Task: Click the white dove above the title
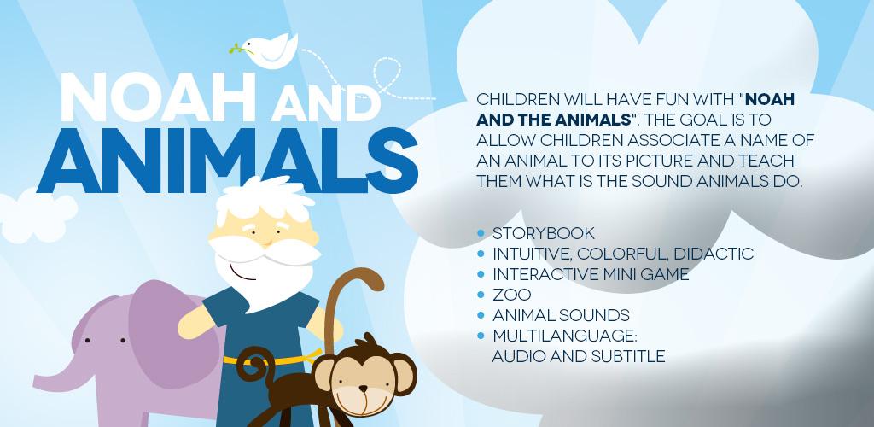271,51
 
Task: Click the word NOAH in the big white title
158,97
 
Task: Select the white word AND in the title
326,105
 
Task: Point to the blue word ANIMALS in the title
227,161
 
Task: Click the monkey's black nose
363,388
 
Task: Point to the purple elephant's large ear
172,335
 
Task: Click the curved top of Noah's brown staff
357,277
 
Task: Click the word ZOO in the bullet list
512,295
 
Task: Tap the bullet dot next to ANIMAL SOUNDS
481,315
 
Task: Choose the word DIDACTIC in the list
714,254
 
